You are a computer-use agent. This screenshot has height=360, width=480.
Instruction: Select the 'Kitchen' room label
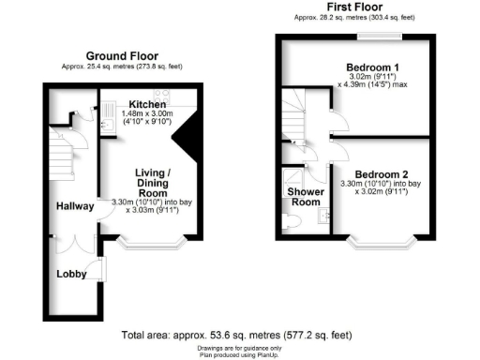click(147, 104)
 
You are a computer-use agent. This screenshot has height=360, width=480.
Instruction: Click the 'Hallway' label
click(73, 205)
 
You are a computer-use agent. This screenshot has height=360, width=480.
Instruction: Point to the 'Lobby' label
click(70, 275)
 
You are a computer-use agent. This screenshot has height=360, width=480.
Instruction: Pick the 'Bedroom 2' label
click(382, 173)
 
